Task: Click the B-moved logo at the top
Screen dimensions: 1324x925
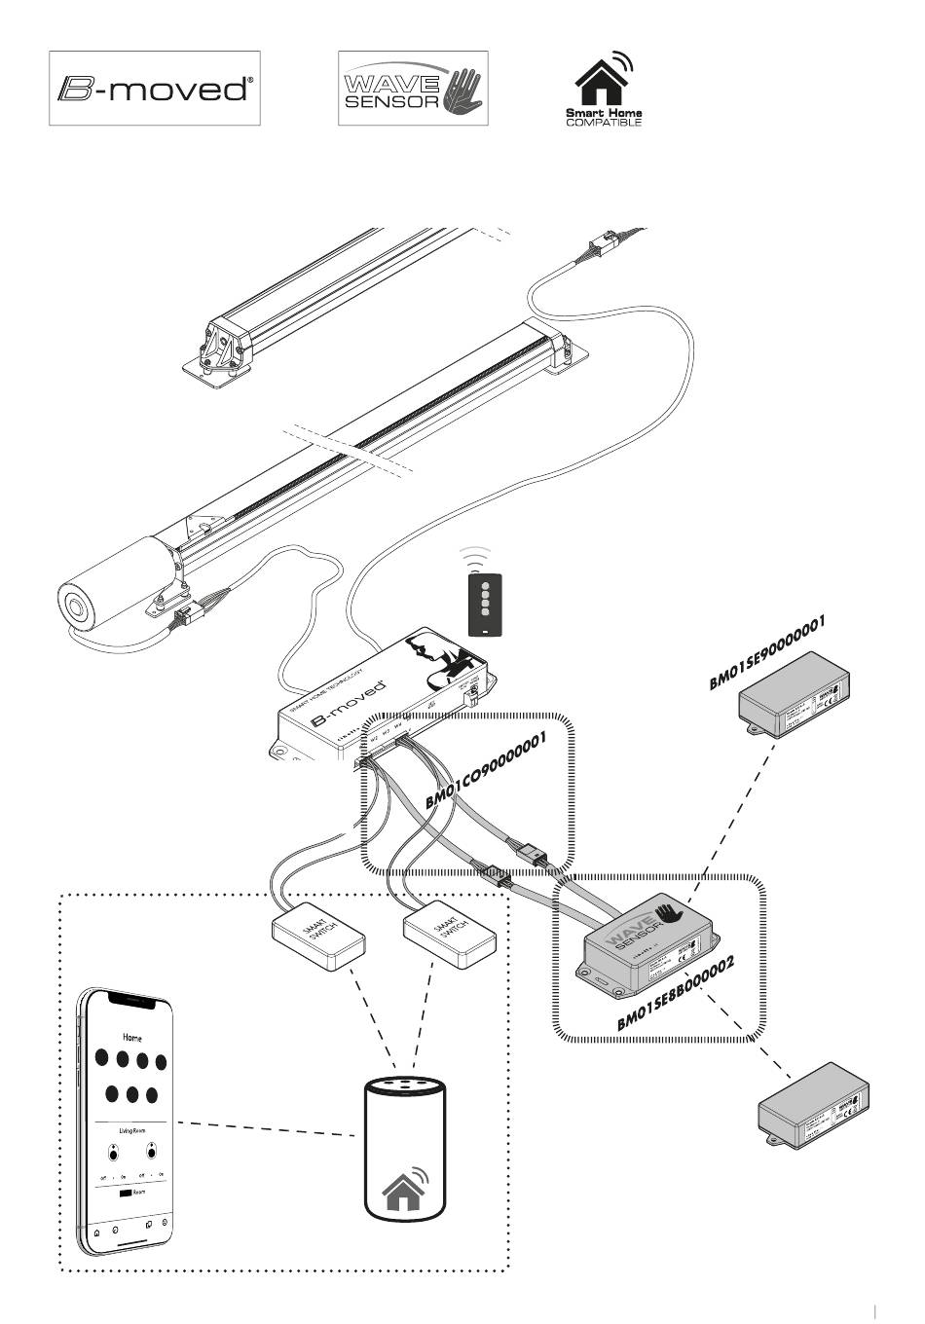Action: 155,89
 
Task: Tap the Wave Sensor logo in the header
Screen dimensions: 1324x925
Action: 412,89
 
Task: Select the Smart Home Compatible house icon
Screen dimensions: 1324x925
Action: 603,82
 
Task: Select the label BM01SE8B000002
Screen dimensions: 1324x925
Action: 675,993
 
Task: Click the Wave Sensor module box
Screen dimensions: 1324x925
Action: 647,939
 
